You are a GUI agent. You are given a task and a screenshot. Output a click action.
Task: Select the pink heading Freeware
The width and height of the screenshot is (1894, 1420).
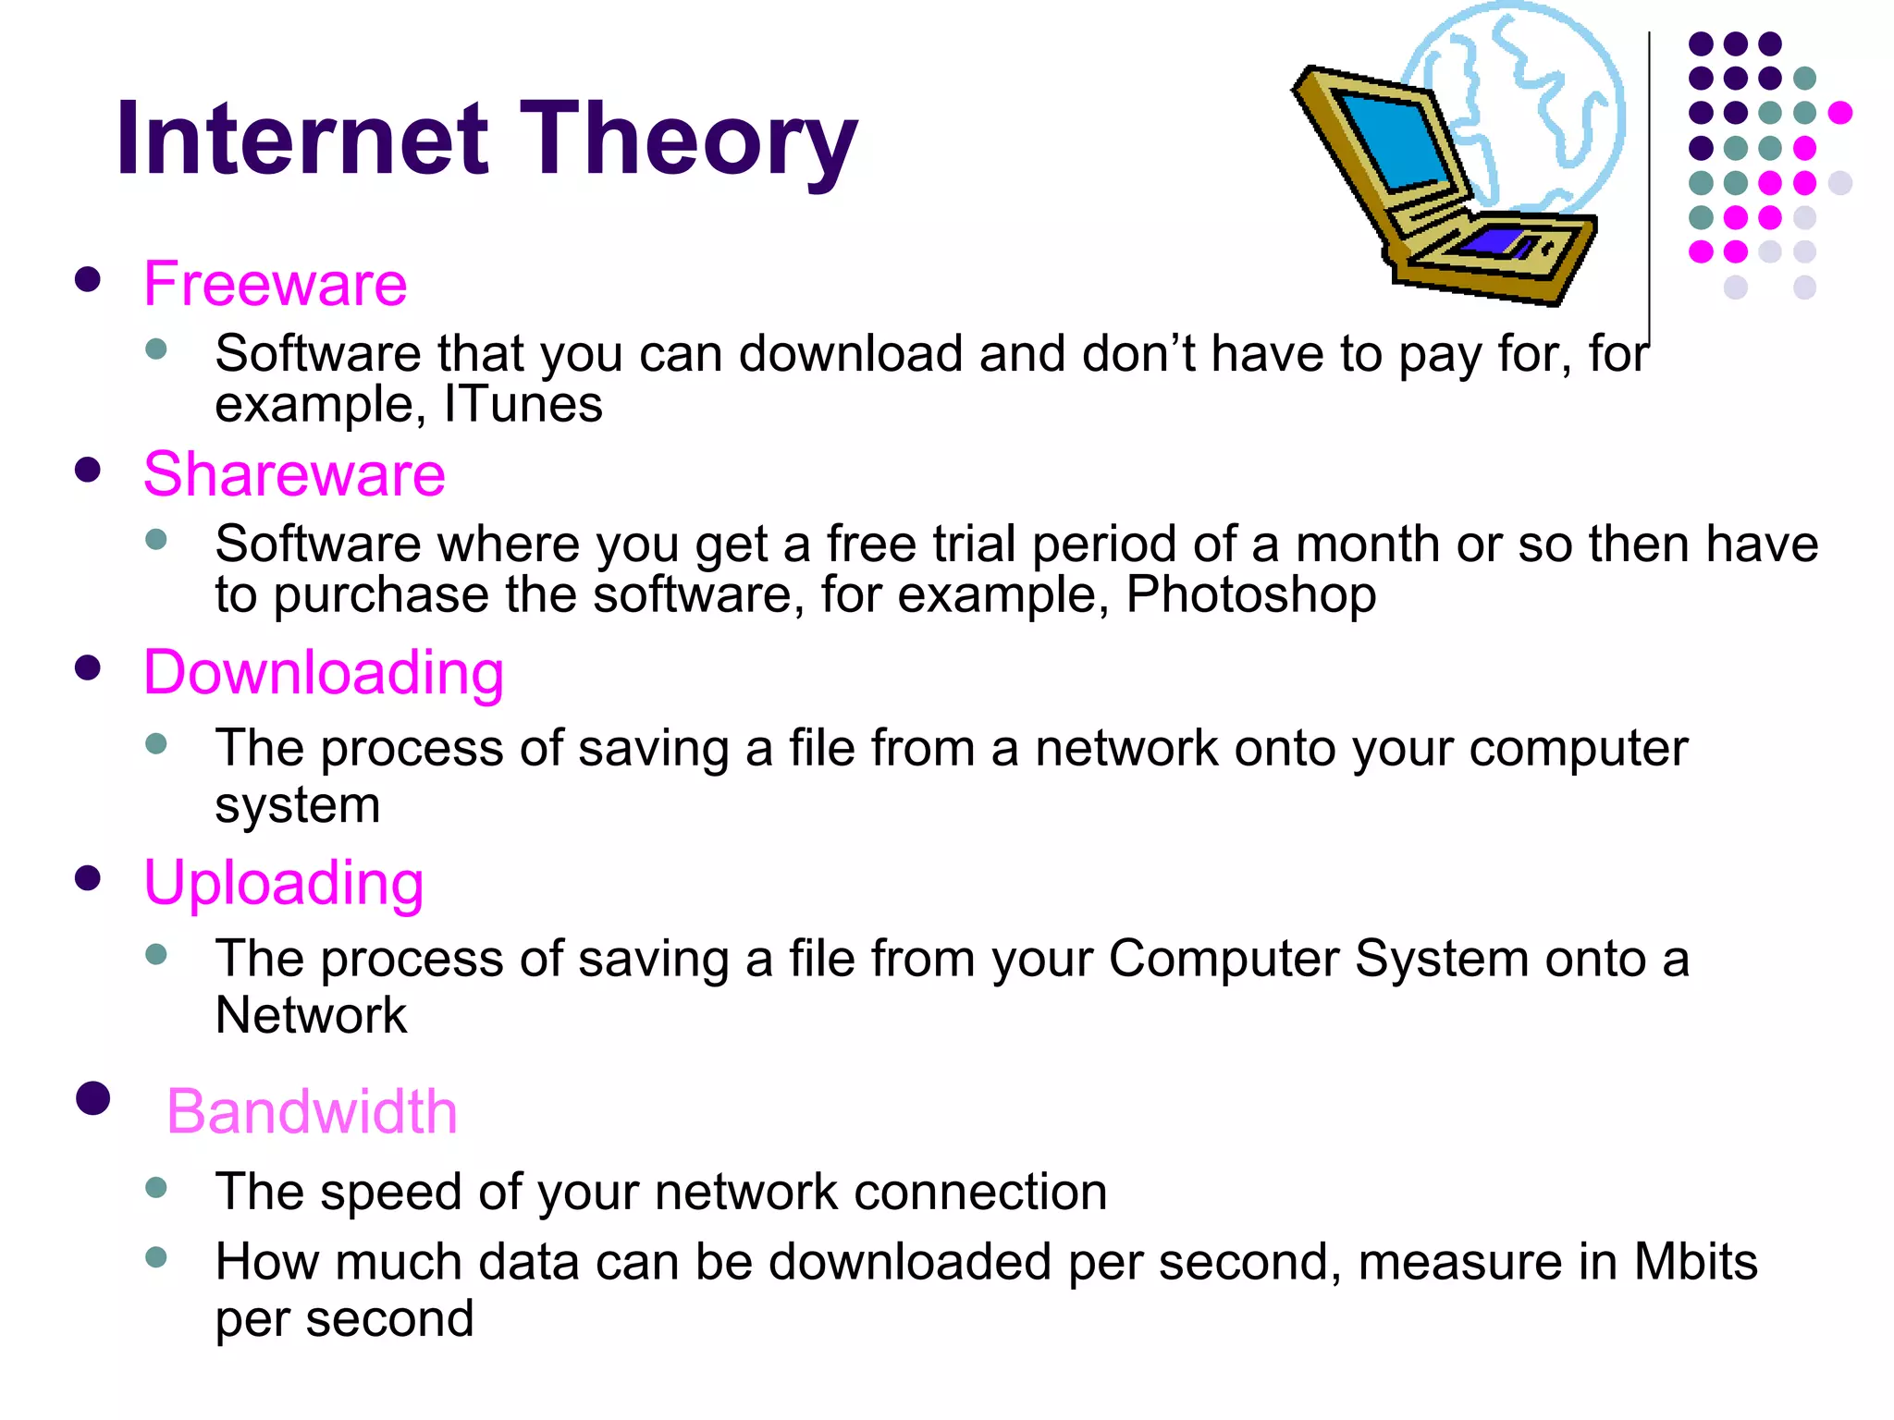275,284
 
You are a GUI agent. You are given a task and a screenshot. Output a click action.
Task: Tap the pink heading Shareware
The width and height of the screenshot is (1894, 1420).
294,474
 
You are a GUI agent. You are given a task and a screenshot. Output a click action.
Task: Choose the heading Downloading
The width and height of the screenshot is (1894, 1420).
324,672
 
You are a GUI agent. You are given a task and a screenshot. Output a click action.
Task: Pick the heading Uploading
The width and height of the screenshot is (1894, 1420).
283,882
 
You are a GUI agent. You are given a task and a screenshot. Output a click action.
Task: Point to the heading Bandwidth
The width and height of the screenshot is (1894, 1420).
312,1111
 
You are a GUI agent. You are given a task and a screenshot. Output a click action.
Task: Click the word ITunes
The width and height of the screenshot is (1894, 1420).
523,405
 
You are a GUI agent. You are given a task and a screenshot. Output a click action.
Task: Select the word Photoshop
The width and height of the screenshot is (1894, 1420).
1250,594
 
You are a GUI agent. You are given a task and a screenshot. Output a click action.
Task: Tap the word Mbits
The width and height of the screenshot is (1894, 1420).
1695,1262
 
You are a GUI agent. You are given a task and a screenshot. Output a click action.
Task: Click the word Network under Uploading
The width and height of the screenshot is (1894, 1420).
311,1016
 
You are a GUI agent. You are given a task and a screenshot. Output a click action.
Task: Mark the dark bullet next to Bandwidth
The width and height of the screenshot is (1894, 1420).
92,1098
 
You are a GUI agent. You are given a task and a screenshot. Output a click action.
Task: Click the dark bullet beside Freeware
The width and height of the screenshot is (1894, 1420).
88,279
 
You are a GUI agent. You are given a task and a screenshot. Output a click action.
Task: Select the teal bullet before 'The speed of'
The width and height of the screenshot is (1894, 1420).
156,1187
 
